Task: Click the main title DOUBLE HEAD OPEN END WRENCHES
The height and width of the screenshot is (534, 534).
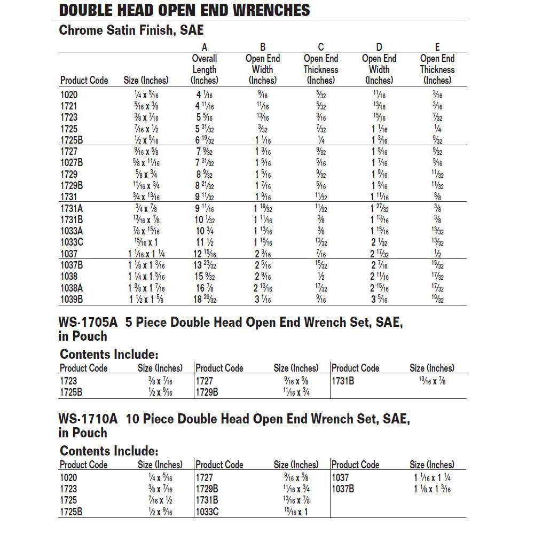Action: [184, 10]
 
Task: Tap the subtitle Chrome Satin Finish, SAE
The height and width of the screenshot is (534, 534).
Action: [131, 30]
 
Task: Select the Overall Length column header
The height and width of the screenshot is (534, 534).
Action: [205, 69]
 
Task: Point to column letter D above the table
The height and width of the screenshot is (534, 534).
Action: [379, 47]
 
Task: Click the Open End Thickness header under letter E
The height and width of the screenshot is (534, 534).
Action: [437, 69]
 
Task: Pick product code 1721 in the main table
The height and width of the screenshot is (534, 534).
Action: [69, 106]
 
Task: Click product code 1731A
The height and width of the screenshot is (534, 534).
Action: [72, 209]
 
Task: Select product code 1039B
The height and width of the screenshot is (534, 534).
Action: [72, 299]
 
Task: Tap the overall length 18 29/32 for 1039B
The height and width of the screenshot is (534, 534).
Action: [205, 299]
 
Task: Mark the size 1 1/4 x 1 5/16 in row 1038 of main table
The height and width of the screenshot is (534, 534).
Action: [146, 277]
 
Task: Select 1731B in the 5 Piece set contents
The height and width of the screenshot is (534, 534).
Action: [343, 381]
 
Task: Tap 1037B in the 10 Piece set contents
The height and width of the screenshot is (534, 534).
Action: [343, 489]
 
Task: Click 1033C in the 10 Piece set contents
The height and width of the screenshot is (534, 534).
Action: [208, 512]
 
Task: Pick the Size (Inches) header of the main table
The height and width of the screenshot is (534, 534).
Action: [146, 81]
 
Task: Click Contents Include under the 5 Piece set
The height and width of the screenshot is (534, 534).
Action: [109, 354]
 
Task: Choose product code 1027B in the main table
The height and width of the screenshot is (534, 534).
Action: [72, 163]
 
